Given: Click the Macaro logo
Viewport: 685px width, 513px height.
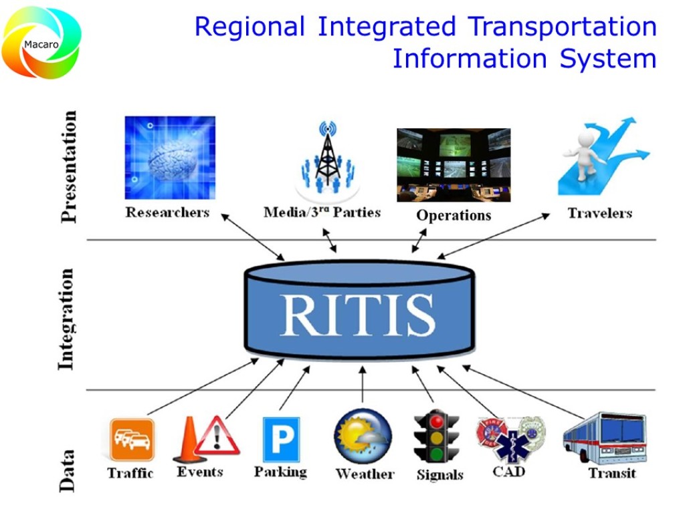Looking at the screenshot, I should pyautogui.click(x=41, y=43).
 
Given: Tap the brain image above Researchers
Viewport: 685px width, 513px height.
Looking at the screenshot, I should pyautogui.click(x=170, y=158).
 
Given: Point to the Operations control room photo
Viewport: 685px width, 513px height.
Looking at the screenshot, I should pyautogui.click(x=454, y=165).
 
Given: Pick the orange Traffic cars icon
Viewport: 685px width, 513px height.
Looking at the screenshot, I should pyautogui.click(x=132, y=440).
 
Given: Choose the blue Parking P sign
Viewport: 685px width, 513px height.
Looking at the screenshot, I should pyautogui.click(x=281, y=440).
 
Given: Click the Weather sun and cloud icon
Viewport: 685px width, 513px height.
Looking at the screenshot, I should pyautogui.click(x=363, y=437).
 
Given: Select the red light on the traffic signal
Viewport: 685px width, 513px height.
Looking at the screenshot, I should pyautogui.click(x=437, y=422).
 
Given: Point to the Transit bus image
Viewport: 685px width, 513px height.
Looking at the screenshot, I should pyautogui.click(x=604, y=438).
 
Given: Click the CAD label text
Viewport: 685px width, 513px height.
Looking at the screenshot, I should pyautogui.click(x=508, y=472).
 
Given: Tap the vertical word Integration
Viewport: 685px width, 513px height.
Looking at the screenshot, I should pyautogui.click(x=66, y=319).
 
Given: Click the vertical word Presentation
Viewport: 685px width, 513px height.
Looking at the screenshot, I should pyautogui.click(x=68, y=166).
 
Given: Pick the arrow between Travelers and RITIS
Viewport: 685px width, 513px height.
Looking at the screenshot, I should pyautogui.click(x=494, y=236).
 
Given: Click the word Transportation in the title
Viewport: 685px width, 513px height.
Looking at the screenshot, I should pyautogui.click(x=562, y=27).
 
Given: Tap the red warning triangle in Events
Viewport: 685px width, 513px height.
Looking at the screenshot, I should pyautogui.click(x=217, y=438).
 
